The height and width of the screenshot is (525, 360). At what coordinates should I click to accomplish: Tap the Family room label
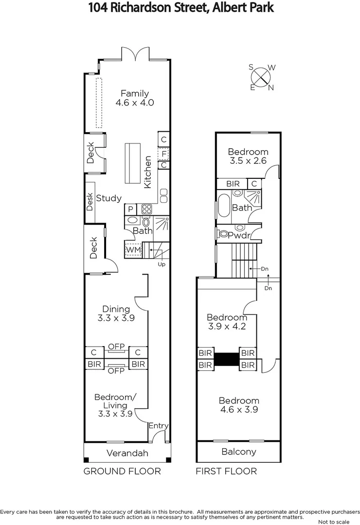click(135, 94)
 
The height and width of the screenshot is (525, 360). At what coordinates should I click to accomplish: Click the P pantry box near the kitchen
click(130, 209)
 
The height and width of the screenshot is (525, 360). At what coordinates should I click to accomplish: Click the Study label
click(108, 198)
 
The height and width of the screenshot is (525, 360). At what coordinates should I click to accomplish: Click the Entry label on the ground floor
click(159, 426)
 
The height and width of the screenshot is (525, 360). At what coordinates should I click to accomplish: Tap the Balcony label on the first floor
click(238, 452)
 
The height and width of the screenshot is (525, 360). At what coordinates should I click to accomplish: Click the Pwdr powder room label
click(239, 235)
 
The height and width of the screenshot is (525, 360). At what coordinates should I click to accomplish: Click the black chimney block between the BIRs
click(226, 359)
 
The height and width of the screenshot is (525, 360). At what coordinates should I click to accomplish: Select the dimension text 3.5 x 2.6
click(248, 161)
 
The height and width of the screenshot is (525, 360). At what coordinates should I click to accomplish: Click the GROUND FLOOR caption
click(122, 471)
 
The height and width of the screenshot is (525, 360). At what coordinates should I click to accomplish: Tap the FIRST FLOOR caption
click(226, 471)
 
